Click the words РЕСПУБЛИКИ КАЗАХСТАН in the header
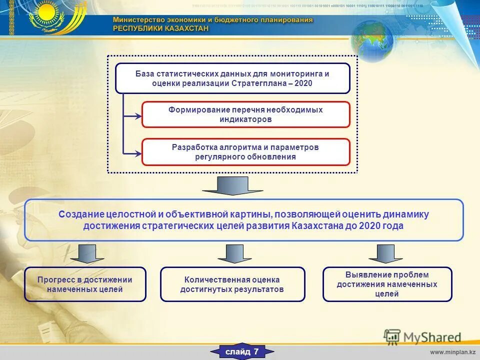[160, 28]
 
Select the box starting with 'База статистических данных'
[232, 78]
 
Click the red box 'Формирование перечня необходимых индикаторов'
[245, 114]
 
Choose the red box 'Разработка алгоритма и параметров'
[245, 152]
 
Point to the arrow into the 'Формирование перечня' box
[132, 116]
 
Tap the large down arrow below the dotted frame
[232, 185]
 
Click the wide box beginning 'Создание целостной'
[243, 220]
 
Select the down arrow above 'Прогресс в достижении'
[87, 253]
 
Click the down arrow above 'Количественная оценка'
[234, 253]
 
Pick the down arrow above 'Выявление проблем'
[385, 253]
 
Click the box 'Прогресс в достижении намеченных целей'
[85, 284]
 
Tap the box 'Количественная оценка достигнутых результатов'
[232, 284]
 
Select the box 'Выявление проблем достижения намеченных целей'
[387, 284]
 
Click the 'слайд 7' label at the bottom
[242, 352]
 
